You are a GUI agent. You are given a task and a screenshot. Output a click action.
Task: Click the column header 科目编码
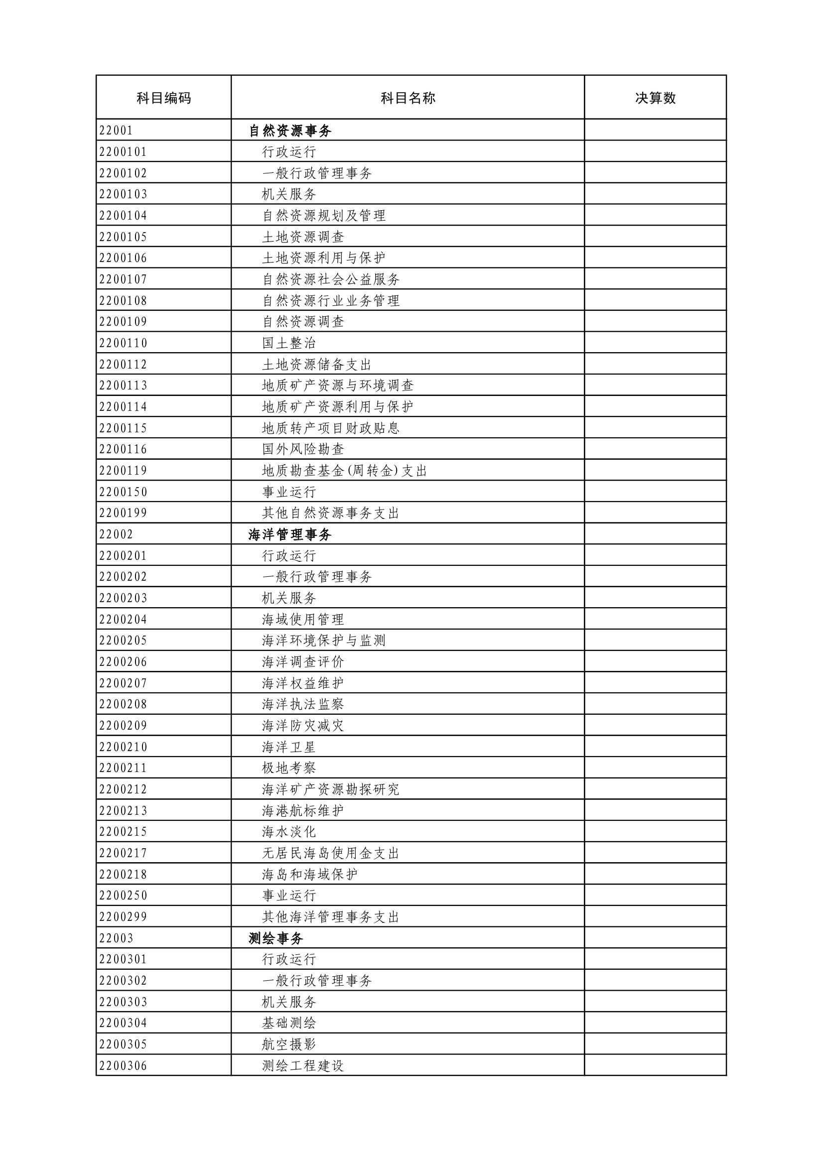tap(163, 98)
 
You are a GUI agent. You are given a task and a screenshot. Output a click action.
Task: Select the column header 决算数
tap(655, 98)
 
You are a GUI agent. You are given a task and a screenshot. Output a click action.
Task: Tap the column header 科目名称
tap(408, 98)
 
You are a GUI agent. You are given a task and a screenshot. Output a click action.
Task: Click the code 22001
tap(116, 130)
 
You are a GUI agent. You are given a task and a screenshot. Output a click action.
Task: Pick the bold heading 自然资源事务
tap(290, 130)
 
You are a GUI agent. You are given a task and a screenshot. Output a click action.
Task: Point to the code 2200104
tap(123, 216)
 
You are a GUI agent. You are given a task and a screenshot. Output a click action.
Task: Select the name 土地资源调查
tap(303, 237)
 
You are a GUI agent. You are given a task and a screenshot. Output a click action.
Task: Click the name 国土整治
tap(289, 343)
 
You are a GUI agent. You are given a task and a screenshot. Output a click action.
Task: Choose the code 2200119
tap(123, 470)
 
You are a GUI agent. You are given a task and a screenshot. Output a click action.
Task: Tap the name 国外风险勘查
tap(303, 449)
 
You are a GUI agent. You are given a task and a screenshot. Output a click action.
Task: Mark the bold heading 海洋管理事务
tap(290, 534)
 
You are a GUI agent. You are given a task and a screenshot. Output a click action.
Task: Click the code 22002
tap(116, 534)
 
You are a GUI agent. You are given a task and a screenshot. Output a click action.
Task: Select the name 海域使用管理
tap(303, 619)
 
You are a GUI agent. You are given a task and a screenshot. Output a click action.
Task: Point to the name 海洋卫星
tap(289, 747)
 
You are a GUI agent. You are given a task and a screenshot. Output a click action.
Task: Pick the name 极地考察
tap(289, 768)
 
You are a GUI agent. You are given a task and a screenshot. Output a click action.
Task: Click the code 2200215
tap(123, 832)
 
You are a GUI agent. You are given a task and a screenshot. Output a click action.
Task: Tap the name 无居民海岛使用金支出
tap(331, 853)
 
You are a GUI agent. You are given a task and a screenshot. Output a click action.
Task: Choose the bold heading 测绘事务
tap(276, 938)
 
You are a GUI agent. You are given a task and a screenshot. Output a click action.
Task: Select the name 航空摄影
tap(289, 1044)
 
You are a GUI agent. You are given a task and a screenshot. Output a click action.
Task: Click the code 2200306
tap(123, 1065)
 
